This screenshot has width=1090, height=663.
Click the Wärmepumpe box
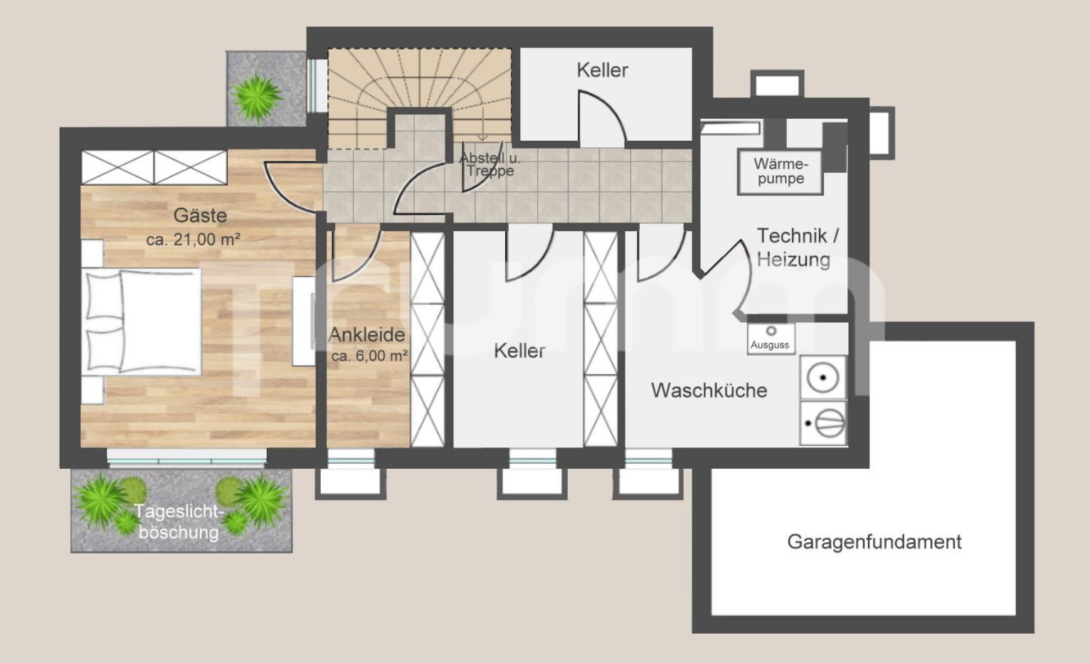coord(780,171)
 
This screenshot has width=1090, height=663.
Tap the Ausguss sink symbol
coord(771,338)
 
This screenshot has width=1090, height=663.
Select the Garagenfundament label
coord(874,542)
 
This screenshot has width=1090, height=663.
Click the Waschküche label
coord(709,390)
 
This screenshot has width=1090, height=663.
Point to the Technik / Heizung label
coord(797,248)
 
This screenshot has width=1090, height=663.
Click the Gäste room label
coord(200,215)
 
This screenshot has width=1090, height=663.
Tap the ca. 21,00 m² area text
coord(194,239)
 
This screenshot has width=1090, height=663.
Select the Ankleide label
coord(367,334)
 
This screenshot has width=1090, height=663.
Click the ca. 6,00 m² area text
coord(369,356)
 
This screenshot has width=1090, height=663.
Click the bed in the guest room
coord(141,322)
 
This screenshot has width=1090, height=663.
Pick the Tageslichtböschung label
coord(179,522)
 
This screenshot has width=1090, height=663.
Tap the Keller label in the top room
coord(603,70)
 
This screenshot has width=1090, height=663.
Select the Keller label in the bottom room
coord(519,351)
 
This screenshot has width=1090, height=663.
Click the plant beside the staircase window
coord(256,97)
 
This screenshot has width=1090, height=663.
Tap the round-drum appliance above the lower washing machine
coord(823,378)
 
